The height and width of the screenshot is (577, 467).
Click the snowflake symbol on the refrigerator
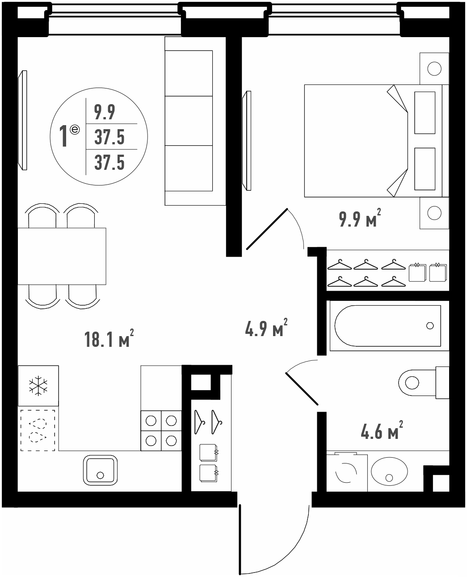click(38, 386)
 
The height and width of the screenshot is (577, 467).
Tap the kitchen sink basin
click(100, 470)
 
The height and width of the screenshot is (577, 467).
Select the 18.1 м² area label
click(109, 339)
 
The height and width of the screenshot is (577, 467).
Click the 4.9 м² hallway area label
click(266, 328)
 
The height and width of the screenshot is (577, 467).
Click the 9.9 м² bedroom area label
click(360, 218)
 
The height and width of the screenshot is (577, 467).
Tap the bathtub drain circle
click(430, 326)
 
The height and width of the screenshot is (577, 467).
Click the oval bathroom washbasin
click(389, 472)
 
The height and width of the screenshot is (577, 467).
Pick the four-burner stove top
click(161, 431)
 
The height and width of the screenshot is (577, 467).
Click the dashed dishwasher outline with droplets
click(38, 430)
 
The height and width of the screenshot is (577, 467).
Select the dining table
click(62, 256)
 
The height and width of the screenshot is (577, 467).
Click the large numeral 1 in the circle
click(63, 136)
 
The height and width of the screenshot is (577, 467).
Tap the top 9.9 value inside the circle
click(105, 112)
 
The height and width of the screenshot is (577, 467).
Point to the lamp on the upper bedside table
click(434, 68)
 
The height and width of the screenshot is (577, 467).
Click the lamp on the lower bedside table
click(434, 213)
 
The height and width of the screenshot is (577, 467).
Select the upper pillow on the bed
click(425, 113)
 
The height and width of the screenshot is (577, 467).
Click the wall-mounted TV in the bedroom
click(247, 141)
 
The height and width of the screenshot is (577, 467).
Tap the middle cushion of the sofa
click(189, 121)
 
